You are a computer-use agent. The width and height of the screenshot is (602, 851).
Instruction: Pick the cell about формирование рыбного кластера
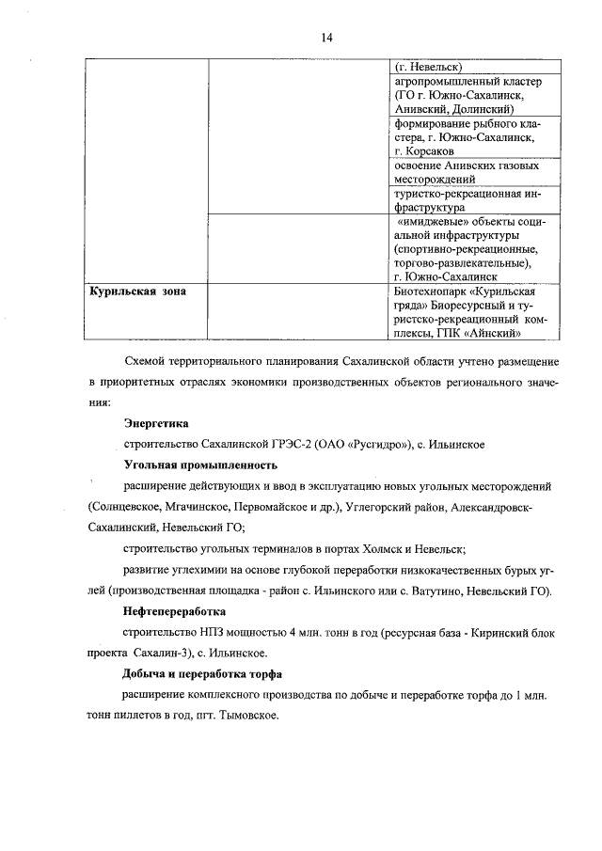click(x=467, y=136)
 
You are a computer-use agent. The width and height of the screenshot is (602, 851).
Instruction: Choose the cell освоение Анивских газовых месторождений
click(x=467, y=171)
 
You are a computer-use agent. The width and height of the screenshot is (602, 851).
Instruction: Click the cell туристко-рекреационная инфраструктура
click(x=467, y=199)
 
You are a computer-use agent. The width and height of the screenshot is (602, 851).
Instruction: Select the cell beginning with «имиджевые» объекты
click(x=467, y=250)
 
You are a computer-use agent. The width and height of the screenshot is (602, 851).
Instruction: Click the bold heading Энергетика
click(x=156, y=424)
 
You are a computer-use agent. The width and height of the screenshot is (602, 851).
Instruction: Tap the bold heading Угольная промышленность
click(x=200, y=465)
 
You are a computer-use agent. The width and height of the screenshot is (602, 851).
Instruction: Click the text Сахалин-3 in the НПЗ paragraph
click(x=183, y=654)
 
